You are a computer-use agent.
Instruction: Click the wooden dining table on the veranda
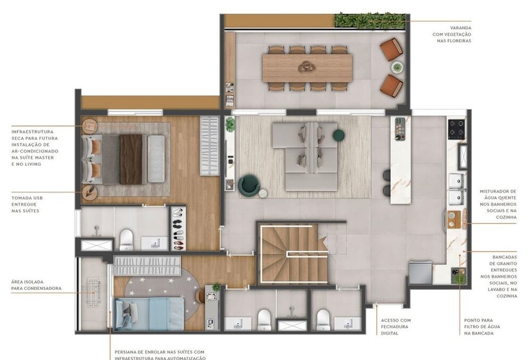click(307, 68)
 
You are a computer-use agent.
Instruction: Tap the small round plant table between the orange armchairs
click(397, 67)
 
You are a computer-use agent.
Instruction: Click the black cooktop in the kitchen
click(456, 129)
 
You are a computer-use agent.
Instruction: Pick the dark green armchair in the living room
click(249, 186)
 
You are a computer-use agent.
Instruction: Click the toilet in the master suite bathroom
click(127, 239)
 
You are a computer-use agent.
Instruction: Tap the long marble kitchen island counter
click(401, 160)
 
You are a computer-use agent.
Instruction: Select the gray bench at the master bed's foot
click(156, 158)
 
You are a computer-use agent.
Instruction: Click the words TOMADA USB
click(27, 198)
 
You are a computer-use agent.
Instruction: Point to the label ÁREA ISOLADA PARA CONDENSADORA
click(36, 285)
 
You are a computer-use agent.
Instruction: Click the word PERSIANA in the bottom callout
click(128, 352)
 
